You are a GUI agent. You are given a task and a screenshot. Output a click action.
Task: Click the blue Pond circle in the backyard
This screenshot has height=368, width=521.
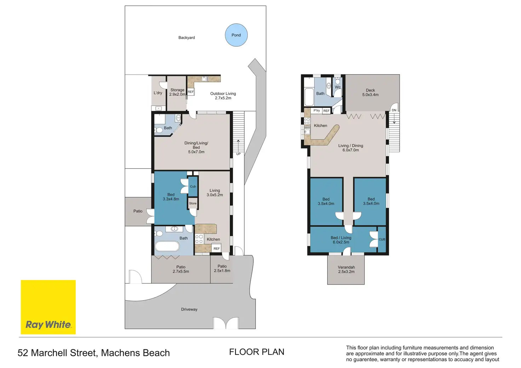pos(236,35)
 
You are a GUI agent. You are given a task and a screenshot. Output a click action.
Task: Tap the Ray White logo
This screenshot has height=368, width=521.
pos(48,307)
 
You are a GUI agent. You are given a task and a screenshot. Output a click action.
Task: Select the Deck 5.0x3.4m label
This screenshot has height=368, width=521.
pos(370,93)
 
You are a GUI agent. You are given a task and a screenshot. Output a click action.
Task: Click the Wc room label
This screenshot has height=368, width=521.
pos(338,87)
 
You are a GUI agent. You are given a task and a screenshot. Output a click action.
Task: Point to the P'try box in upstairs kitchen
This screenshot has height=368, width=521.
pos(316,111)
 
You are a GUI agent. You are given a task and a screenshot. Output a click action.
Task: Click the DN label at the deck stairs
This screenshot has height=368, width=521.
pos(394,110)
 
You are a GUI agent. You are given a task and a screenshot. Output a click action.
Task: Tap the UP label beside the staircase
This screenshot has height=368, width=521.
pos(239,154)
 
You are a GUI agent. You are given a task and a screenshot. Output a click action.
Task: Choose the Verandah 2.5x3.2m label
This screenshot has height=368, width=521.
pos(346,269)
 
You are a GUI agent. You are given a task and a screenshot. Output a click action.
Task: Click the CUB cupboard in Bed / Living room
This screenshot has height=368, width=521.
pos(382,239)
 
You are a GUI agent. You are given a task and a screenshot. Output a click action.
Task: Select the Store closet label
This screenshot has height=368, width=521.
pos(193,203)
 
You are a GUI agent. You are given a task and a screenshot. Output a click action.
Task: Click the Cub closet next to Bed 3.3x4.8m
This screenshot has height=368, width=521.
pos(193,187)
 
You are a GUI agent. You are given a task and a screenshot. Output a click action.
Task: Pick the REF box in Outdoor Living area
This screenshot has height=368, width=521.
pos(191,92)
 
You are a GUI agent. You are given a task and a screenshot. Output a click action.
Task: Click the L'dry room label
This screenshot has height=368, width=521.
pos(158,93)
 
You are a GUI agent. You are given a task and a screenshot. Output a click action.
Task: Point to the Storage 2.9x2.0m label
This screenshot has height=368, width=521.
pos(177,92)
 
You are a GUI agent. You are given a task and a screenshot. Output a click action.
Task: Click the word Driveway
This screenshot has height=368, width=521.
pos(189,309)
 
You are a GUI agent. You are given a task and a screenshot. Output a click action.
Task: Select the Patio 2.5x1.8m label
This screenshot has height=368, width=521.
pos(222,269)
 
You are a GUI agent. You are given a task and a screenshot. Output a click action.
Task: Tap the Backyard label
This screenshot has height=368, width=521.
pos(187,37)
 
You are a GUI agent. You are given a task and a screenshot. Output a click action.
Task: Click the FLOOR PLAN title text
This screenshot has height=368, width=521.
pos(257,352)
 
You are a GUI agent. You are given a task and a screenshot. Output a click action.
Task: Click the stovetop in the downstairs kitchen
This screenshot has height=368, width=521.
pos(199,239)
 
